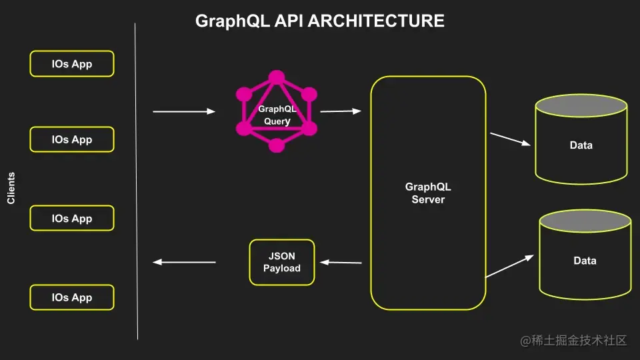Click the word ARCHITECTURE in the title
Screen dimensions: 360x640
pos(376,21)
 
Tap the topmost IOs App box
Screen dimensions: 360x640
pos(72,64)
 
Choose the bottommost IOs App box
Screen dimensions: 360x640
pos(72,297)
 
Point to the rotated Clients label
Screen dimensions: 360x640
pos(11,189)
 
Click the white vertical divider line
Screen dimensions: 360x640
pos(136,180)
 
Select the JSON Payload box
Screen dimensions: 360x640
pos(281,262)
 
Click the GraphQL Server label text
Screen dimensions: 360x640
pos(428,193)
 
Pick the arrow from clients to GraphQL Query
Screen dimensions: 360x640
pos(184,111)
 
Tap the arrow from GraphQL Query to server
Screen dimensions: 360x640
pos(340,111)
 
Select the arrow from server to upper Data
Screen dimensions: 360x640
pos(510,139)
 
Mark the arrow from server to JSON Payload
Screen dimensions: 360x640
pos(340,263)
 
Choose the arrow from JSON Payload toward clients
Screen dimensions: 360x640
pos(184,262)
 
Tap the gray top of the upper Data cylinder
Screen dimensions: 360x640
pos(581,106)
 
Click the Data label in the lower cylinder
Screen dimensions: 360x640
pos(585,261)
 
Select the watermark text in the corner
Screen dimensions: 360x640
pos(574,341)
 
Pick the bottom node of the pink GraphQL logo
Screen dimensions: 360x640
pos(277,145)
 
